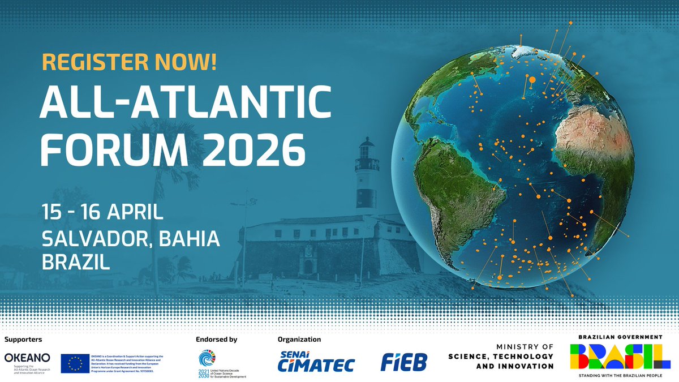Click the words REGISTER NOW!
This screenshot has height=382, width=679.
pos(128,62)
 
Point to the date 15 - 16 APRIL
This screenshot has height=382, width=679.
pos(102,213)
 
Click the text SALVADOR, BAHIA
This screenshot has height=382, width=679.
pos(131,239)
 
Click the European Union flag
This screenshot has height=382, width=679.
pos(76,363)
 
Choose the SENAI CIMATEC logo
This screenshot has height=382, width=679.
pos(317,362)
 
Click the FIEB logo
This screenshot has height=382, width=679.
pos(404,362)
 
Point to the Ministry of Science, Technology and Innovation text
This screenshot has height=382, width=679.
pos(501,357)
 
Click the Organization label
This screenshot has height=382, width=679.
pos(299,340)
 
